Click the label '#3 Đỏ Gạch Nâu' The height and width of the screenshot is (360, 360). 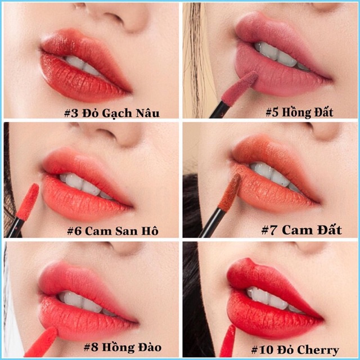coord(120,113)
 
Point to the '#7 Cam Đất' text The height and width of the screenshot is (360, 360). coord(301,229)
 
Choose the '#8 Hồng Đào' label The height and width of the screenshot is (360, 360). coord(123,346)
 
